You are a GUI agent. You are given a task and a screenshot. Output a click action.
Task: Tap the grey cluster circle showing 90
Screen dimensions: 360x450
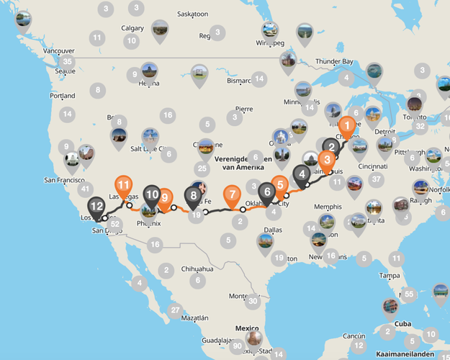pyautogui.click(x=237, y=346)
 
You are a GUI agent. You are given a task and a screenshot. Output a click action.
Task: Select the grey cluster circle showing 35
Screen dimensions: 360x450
pyautogui.click(x=68, y=62)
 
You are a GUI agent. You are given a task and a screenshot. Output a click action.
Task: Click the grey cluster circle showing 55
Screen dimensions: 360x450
pyautogui.click(x=409, y=293)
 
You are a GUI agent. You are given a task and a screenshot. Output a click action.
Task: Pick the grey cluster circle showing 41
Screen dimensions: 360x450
pyautogui.click(x=86, y=190)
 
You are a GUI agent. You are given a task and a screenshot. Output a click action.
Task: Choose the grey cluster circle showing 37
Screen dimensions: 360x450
pyautogui.click(x=375, y=179)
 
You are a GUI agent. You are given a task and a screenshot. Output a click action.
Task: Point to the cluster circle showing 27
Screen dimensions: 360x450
pyautogui.click(x=175, y=310)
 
